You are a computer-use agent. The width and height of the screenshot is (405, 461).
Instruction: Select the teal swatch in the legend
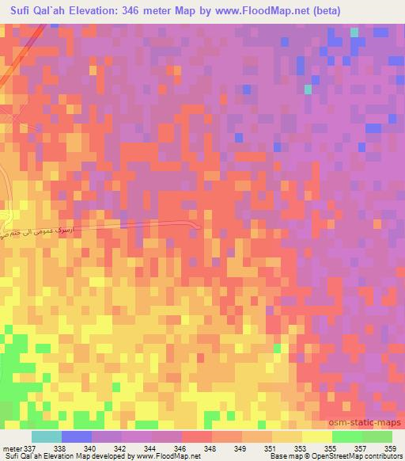point(47,436)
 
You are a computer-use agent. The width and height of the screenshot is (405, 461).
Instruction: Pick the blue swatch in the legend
point(77,436)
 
